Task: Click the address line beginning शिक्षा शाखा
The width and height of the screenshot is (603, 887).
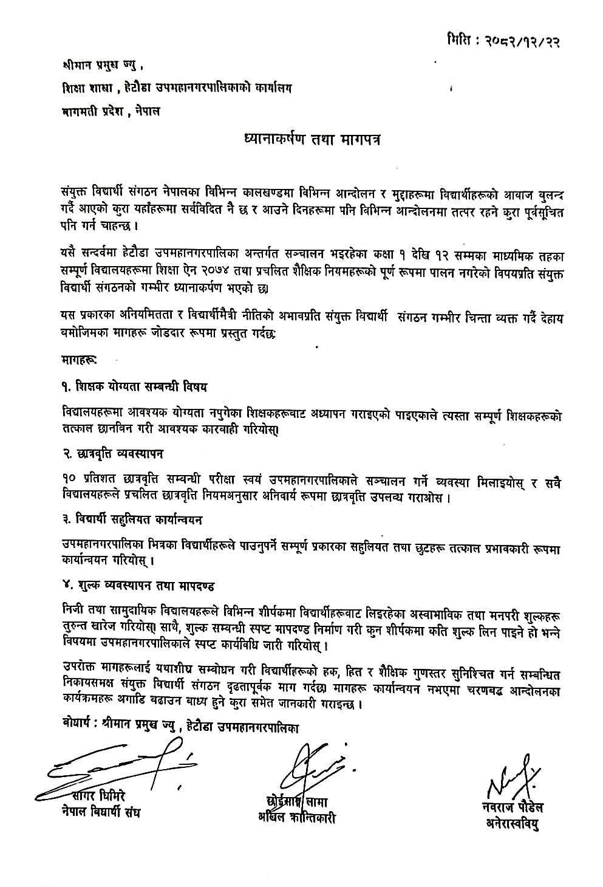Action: [x=177, y=87]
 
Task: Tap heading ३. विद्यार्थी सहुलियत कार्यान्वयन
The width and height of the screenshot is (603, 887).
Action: [x=132, y=520]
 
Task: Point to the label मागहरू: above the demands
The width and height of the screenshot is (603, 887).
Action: [x=79, y=360]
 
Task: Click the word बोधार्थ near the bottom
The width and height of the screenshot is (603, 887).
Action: [x=78, y=726]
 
